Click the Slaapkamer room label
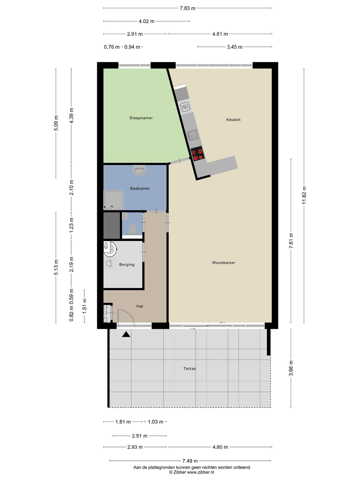pos(141,118)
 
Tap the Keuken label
pos(233,120)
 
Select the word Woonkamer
pos(223,262)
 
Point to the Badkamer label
pos(140,188)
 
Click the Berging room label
pos(127,265)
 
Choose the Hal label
pos(140,306)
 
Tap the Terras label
pos(190,368)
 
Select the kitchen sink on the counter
pos(193,135)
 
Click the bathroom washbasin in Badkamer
pos(139,170)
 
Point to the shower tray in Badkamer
pos(113,200)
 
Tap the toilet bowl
pos(133,229)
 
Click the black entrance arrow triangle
pos(126,334)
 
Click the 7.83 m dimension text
pos(187,8)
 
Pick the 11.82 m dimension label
pos(304,196)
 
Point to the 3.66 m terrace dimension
pos(291,368)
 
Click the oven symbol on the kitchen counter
pos(185,107)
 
